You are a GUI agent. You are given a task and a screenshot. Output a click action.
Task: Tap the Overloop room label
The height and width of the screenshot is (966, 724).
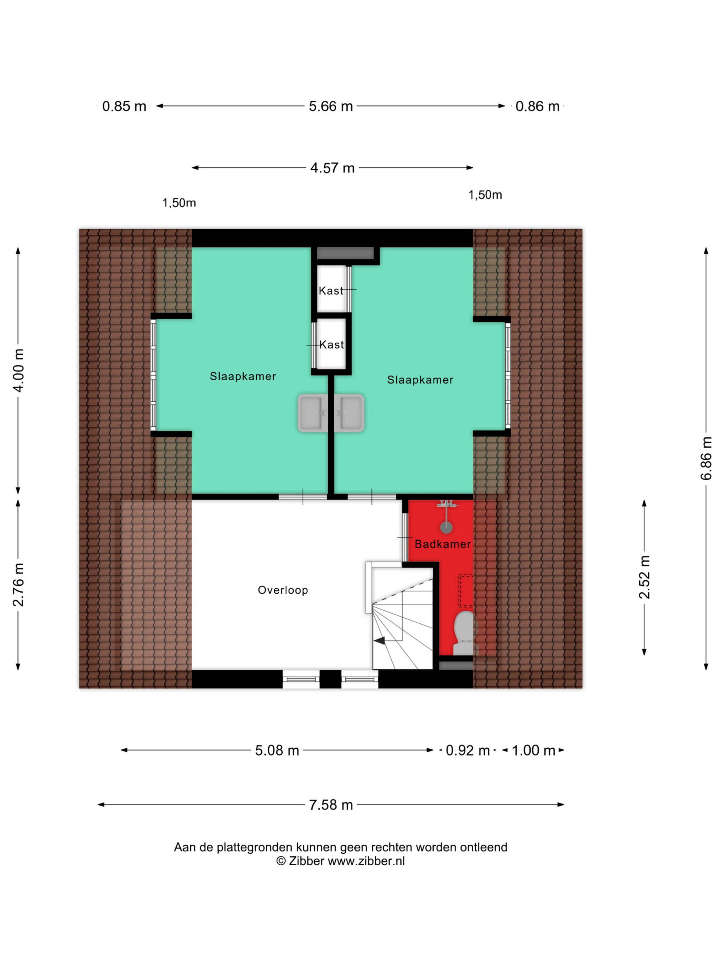coord(283,590)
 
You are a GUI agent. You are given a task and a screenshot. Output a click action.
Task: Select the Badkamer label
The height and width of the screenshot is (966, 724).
coord(442,544)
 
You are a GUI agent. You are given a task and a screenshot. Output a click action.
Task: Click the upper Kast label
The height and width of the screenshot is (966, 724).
coord(331,290)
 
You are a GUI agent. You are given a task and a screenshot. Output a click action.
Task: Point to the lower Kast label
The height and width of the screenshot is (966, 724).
coord(332,344)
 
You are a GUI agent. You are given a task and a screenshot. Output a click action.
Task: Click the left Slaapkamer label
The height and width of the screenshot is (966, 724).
coord(243,376)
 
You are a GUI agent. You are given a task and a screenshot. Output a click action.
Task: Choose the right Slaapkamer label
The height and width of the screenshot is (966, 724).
coord(420,380)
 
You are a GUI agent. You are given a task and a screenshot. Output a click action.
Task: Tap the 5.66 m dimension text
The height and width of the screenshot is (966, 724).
coord(331,106)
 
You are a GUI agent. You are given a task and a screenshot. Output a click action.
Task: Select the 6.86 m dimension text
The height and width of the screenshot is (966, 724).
coord(706,458)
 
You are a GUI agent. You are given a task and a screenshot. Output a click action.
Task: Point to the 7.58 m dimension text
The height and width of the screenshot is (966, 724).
coord(331,804)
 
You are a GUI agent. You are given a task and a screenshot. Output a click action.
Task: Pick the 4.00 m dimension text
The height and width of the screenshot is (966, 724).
coord(18,370)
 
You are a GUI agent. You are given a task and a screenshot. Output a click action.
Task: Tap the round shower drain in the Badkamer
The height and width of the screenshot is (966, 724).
coord(446,527)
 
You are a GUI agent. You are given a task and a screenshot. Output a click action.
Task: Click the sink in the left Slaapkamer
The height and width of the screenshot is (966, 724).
coord(312,413)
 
